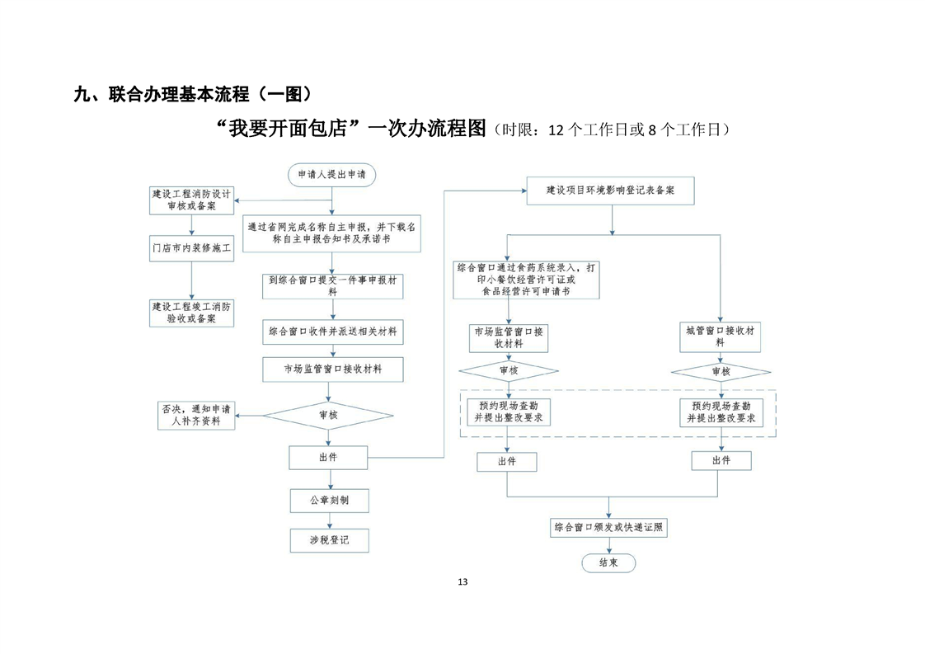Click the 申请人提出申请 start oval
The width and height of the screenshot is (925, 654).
pos(331,174)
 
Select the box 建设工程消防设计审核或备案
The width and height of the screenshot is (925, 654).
pos(191,200)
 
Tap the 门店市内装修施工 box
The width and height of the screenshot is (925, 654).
pos(191,247)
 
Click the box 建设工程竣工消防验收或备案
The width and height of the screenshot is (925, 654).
pos(191,312)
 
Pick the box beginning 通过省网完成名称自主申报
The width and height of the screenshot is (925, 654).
pos(331,232)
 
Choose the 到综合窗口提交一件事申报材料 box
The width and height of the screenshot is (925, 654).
pos(331,286)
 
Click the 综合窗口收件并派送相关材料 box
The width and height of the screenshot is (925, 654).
pos(331,332)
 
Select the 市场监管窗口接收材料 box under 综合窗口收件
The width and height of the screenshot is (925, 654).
pos(331,369)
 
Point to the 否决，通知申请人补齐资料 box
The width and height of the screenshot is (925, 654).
pos(196,415)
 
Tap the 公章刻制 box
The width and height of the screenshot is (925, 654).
pos(329,501)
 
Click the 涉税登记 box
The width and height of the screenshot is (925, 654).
pos(329,540)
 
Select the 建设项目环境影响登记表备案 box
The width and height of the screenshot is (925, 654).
pos(610,191)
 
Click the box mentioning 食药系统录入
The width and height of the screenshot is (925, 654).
pos(527,280)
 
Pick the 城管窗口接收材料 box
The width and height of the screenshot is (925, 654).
pos(721,336)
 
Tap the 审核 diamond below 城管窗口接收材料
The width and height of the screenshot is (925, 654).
pos(721,372)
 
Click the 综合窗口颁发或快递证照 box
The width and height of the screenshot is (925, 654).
pos(609,527)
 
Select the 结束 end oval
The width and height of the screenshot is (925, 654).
pos(608,562)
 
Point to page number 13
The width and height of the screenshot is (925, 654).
pos(462,582)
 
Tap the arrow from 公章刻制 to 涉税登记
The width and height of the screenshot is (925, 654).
pos(330,520)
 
